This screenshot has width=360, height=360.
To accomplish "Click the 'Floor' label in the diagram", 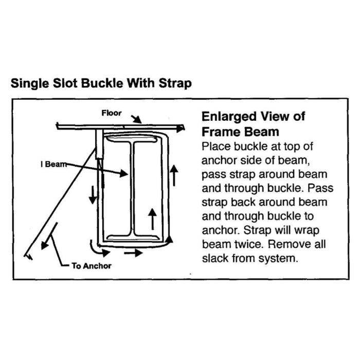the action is (x=112, y=113).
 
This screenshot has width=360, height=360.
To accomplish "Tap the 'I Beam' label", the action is (x=53, y=164).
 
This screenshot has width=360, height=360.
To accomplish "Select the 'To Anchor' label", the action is (x=92, y=266).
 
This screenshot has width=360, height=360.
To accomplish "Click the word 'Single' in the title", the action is (x=30, y=83).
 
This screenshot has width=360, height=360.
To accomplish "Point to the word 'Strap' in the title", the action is (x=175, y=83).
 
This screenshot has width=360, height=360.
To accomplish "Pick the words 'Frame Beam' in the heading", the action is (x=240, y=132).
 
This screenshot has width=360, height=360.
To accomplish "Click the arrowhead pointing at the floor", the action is (x=137, y=120).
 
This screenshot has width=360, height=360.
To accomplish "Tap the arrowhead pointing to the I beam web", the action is (x=123, y=174).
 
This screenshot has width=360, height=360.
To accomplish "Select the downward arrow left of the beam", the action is (x=93, y=195).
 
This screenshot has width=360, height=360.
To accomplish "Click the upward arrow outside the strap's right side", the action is (x=174, y=175).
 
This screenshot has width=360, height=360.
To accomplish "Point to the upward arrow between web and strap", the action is (x=152, y=219).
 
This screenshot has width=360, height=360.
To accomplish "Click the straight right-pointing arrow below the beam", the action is (x=133, y=253).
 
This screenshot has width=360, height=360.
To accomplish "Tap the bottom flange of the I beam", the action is (x=134, y=238).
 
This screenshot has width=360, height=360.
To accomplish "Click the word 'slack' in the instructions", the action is (x=215, y=258).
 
